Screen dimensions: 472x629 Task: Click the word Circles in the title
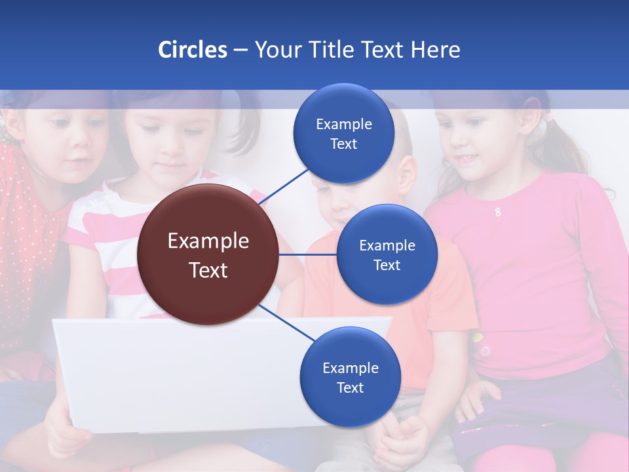(193, 50)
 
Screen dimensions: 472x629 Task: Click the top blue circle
(344, 133)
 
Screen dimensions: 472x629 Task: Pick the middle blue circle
(387, 254)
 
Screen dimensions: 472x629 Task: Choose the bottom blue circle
(350, 377)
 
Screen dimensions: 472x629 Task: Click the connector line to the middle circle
(308, 254)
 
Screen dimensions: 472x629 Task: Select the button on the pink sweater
(498, 212)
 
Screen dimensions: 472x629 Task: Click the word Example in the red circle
(208, 241)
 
